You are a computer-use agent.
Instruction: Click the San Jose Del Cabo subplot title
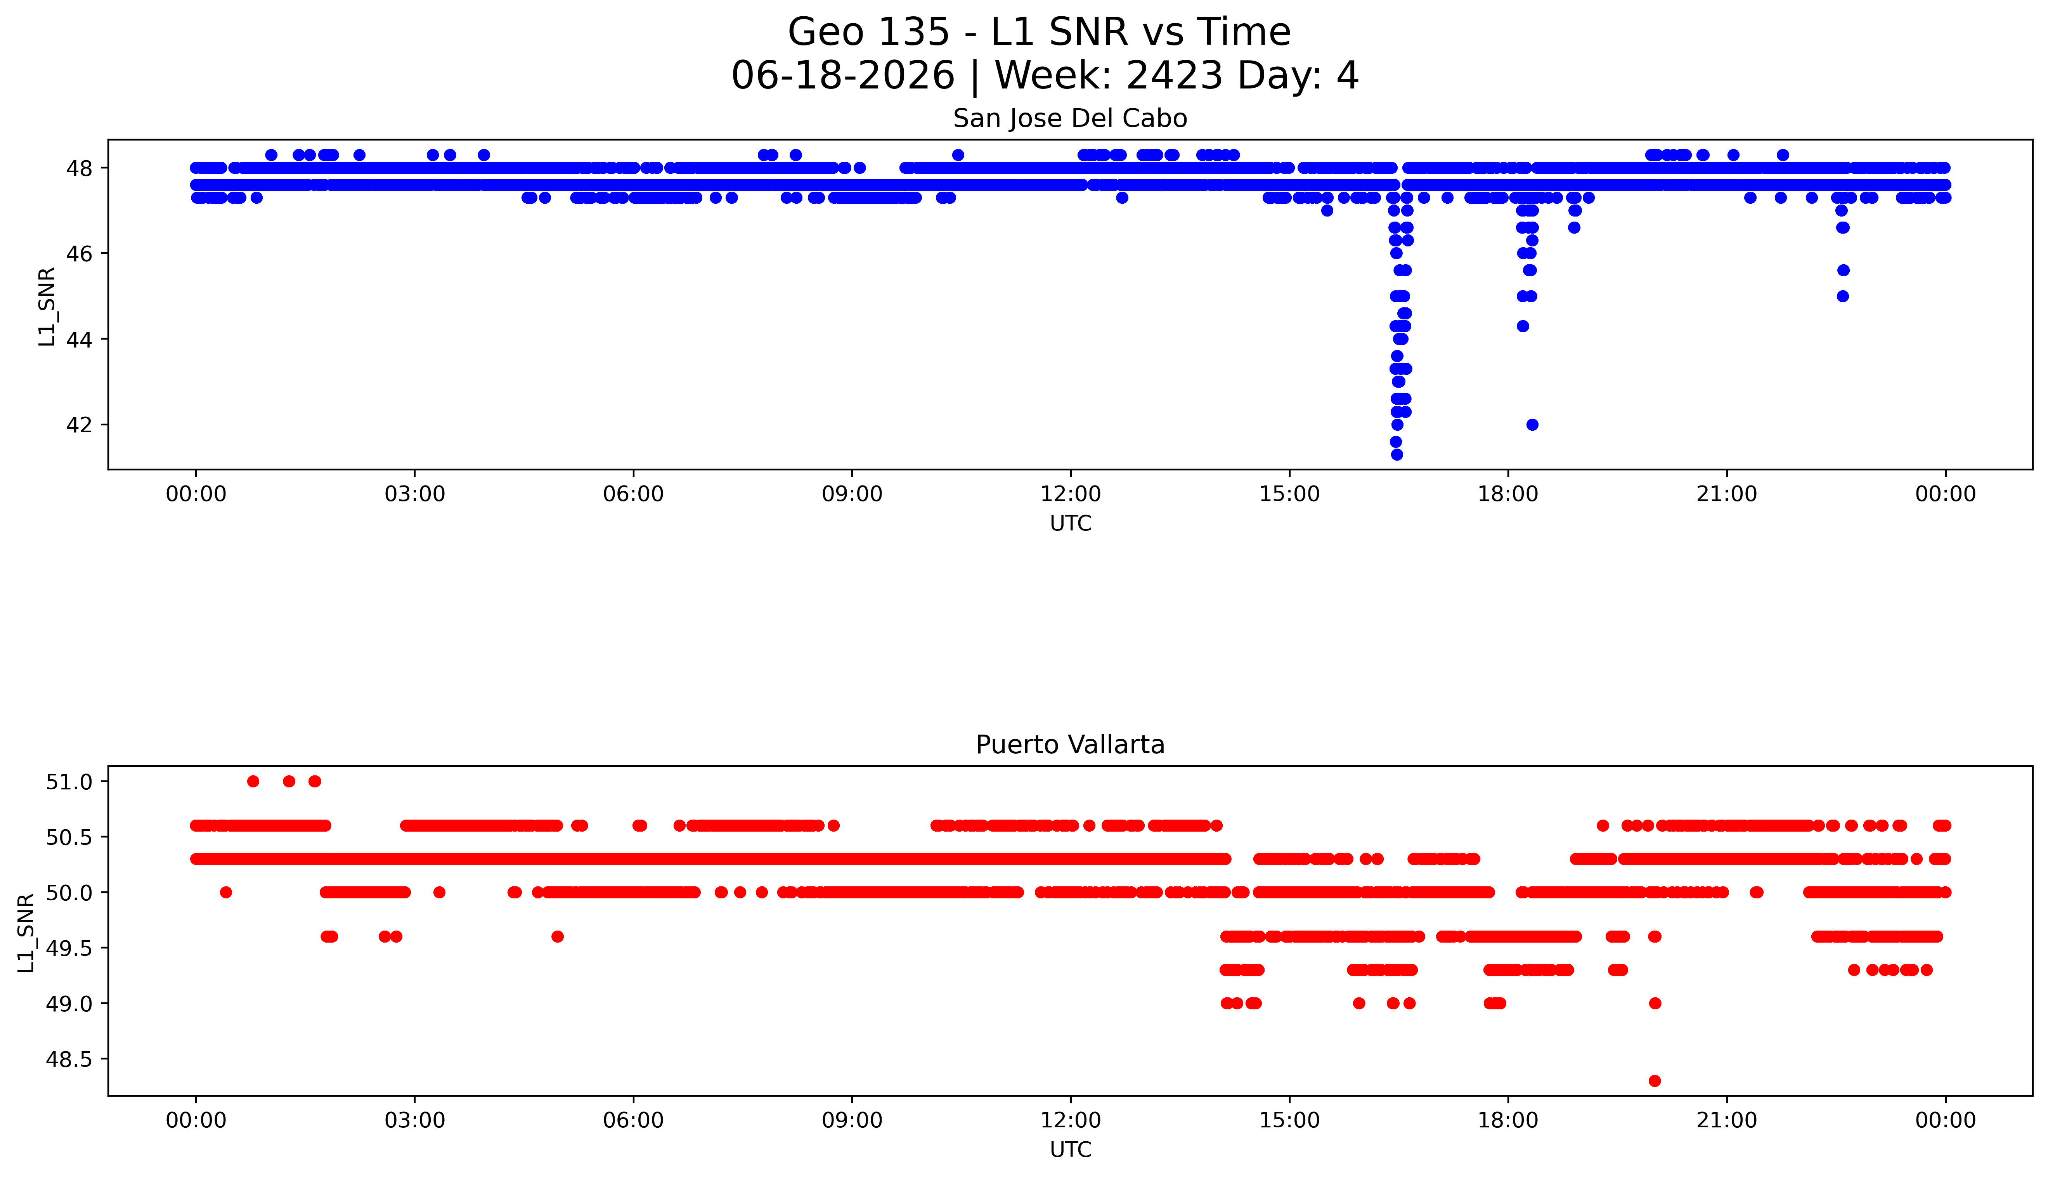(1070, 119)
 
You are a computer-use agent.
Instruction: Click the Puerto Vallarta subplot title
(1070, 745)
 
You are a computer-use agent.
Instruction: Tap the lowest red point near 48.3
(1655, 1081)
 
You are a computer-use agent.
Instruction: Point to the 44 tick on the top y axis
(79, 340)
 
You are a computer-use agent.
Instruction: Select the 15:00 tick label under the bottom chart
(1289, 1120)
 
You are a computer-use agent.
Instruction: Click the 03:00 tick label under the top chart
(415, 494)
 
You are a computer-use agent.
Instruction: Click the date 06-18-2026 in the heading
(843, 76)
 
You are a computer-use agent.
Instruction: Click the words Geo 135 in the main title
(869, 32)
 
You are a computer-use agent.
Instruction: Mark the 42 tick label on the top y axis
(79, 425)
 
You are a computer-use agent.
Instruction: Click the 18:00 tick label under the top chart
(1508, 494)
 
